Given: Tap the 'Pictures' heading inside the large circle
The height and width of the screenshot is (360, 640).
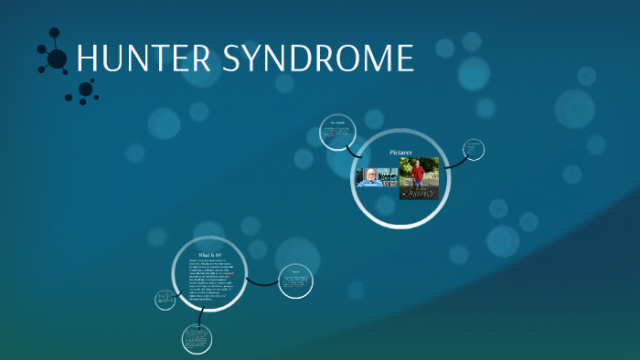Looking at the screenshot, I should click(400, 152).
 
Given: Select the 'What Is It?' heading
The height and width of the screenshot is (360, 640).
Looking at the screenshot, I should click(209, 255).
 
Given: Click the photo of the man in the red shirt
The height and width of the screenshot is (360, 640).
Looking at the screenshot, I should click(419, 177).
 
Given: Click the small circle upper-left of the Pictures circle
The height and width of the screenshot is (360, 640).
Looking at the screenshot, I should click(337, 133).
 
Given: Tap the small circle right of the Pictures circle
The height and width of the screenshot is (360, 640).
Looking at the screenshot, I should click(474, 149).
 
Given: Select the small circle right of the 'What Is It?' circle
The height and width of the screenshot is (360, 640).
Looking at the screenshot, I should click(295, 281).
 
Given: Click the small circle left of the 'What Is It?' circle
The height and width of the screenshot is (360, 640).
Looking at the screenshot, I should click(165, 299).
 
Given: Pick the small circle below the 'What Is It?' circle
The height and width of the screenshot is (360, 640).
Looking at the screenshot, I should click(197, 338).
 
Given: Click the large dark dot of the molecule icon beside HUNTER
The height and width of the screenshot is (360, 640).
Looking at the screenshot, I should click(57, 59).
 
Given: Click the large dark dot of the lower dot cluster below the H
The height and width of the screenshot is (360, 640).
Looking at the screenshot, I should click(85, 89).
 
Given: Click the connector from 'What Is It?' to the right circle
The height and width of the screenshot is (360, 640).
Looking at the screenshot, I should click(262, 282).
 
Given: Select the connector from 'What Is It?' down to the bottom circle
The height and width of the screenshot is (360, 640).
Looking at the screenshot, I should click(199, 317).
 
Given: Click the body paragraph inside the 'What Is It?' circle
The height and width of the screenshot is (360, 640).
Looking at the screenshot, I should click(209, 280).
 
